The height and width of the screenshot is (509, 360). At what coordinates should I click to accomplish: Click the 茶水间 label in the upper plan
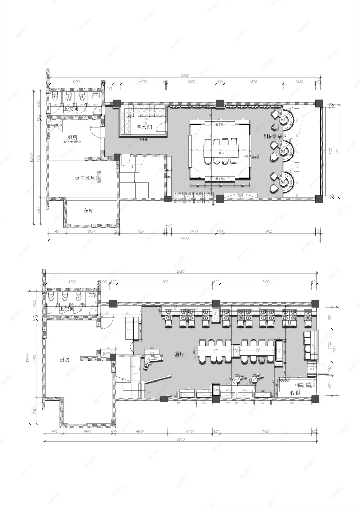144,127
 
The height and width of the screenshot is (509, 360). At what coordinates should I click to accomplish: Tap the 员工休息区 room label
87,178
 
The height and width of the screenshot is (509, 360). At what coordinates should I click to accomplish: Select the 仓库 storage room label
88,211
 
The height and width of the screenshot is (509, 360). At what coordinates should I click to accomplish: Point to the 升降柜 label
56,126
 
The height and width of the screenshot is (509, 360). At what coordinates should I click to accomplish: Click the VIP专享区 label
275,136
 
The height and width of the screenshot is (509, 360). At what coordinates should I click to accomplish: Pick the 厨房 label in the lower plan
64,360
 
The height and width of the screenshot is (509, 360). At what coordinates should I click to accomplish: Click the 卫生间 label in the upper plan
71,108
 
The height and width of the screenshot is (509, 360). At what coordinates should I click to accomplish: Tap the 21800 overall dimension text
185,76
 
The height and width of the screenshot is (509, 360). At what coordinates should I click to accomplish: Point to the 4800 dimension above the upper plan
253,82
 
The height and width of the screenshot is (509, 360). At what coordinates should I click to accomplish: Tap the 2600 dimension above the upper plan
299,82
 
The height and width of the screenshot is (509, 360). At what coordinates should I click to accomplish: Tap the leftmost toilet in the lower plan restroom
51,297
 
